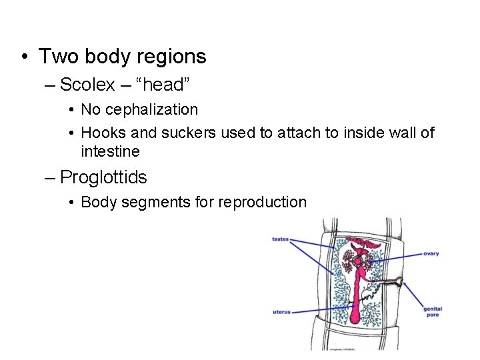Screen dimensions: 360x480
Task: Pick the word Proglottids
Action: click(x=103, y=177)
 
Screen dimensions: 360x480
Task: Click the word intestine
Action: click(x=110, y=151)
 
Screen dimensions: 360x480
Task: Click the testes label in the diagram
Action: click(x=280, y=239)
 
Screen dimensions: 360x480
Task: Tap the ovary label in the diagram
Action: click(x=431, y=253)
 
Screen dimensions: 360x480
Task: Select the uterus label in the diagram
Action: click(x=281, y=311)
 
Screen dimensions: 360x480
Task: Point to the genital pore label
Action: click(x=432, y=311)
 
